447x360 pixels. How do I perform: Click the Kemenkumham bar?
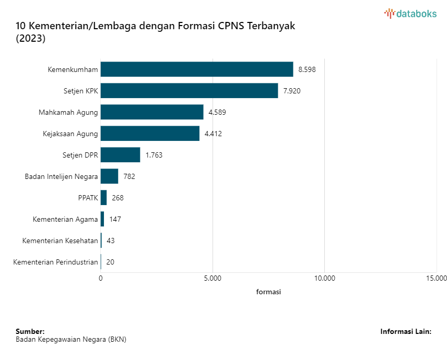pos(197,69)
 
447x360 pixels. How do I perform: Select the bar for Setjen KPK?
pos(189,91)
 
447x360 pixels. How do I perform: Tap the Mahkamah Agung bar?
pos(152,112)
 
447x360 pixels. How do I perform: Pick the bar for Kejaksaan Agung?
pos(150,134)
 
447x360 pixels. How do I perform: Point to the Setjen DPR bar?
pos(120,155)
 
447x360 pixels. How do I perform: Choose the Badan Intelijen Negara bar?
pos(109,176)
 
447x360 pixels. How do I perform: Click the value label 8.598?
pos(307,69)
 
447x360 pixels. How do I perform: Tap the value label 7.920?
pos(292,91)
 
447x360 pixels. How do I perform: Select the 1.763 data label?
pos(154,155)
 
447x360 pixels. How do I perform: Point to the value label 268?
pos(117,198)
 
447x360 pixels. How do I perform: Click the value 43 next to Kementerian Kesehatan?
pos(110,241)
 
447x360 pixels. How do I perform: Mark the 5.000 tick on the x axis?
pos(213,278)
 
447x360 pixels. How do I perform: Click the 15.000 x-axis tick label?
pos(437,278)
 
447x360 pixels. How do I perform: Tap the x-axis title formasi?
pos(268,292)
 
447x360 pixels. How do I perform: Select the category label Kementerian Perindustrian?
pos(55,262)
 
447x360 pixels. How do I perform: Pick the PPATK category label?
pos(87,198)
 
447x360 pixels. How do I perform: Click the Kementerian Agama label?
pos(65,219)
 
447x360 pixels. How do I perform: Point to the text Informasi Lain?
pos(406,331)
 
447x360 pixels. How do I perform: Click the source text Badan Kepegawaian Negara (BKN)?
pos(71,339)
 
